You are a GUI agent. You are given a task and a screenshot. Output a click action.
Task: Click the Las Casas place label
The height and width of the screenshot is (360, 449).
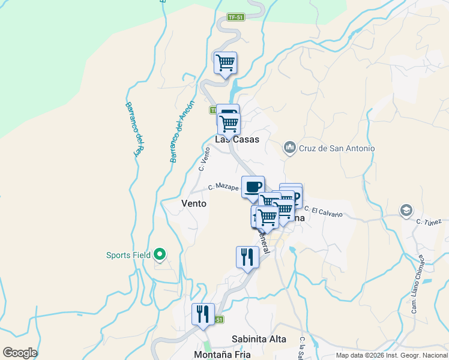tap(237, 139)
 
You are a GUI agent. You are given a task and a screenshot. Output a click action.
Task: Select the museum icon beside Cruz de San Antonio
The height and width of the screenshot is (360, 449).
tap(290, 148)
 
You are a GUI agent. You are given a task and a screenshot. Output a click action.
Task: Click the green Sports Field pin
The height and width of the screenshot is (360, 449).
tap(159, 255)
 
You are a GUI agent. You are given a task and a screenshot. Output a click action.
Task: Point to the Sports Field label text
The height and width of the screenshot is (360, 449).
tap(128, 255)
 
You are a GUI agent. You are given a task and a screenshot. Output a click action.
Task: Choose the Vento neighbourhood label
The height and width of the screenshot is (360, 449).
tap(194, 203)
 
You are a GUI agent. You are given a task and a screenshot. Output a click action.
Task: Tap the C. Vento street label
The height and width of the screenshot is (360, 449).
tap(205, 160)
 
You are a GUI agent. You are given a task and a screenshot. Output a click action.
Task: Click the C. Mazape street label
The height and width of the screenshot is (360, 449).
tap(224, 187)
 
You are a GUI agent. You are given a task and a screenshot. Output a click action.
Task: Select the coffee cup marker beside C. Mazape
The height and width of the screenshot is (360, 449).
tap(253, 187)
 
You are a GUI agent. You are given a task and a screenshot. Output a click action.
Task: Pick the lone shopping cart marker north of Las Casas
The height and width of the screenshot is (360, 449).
tap(225, 62)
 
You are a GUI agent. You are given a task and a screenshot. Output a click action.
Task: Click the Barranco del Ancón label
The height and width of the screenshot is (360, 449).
tap(182, 132)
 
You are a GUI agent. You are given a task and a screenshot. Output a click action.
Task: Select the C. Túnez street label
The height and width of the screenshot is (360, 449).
tap(429, 221)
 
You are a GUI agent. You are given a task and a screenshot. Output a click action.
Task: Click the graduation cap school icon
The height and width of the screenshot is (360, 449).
tap(406, 211)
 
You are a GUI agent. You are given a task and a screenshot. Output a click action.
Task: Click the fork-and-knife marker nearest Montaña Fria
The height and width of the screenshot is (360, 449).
tap(203, 314)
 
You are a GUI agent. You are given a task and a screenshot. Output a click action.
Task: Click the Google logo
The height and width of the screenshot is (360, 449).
tap(20, 353)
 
